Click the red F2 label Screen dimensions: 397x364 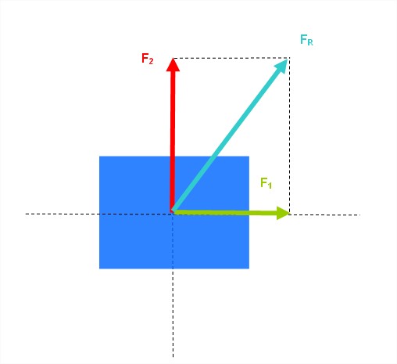point(147,59)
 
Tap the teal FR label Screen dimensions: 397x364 point(306,40)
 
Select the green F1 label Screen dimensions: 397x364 point(266,183)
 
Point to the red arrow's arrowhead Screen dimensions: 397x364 point(173,64)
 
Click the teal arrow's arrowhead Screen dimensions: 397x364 point(281,67)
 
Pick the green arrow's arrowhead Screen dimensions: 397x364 point(283,213)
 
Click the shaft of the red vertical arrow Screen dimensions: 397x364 point(172,141)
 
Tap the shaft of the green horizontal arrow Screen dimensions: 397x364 point(224,213)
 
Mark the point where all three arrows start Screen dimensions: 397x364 point(172,212)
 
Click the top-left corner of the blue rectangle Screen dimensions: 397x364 point(99,157)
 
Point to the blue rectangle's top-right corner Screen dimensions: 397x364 point(249,157)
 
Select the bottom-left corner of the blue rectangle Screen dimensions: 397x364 point(99,268)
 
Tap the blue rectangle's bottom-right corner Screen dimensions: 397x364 point(249,268)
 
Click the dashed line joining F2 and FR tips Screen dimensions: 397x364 point(231,58)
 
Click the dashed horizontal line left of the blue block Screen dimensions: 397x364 point(63,214)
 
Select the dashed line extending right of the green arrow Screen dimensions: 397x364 point(325,214)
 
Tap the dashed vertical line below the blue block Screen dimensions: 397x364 point(173,313)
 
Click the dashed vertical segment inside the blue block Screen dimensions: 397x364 point(173,241)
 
